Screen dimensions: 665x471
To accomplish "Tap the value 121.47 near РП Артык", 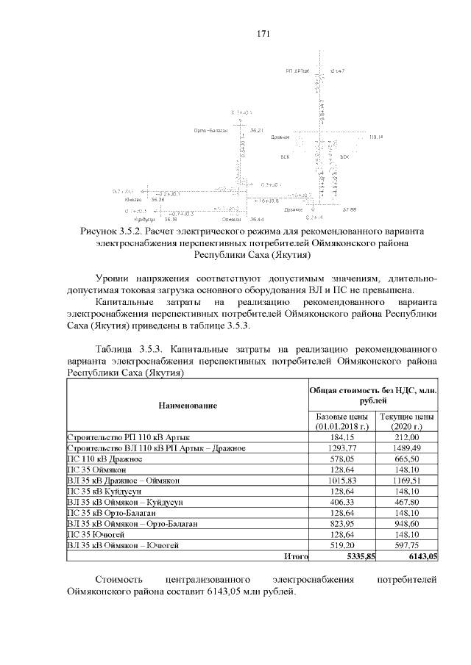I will pyautogui.click(x=338, y=71).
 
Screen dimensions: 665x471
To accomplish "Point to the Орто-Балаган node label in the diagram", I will pyautogui.click(x=211, y=130).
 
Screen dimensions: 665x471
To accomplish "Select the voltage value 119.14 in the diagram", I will pyautogui.click(x=376, y=137).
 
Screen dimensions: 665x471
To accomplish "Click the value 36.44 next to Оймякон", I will pyautogui.click(x=257, y=219).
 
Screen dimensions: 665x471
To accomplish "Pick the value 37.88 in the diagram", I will pyautogui.click(x=349, y=209).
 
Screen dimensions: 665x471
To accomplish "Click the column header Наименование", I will pyautogui.click(x=186, y=405).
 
